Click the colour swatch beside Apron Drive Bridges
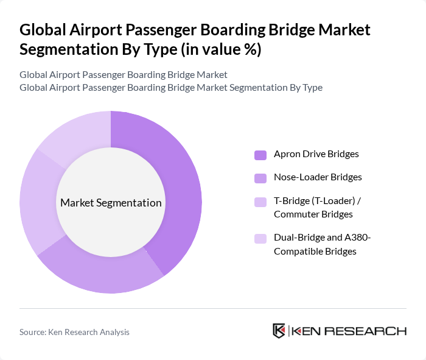click(x=260, y=155)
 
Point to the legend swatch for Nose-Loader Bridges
click(x=260, y=178)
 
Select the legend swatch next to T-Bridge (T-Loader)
click(x=260, y=201)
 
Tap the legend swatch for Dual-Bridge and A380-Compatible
click(x=260, y=238)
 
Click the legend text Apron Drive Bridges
click(x=316, y=154)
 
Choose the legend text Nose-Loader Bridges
click(x=318, y=177)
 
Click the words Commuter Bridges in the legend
click(x=313, y=214)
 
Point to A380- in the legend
click(x=358, y=238)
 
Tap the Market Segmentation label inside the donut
click(x=111, y=203)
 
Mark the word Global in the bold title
click(x=41, y=30)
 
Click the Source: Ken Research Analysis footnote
click(x=74, y=332)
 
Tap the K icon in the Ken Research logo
click(x=279, y=331)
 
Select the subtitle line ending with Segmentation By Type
click(x=170, y=88)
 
